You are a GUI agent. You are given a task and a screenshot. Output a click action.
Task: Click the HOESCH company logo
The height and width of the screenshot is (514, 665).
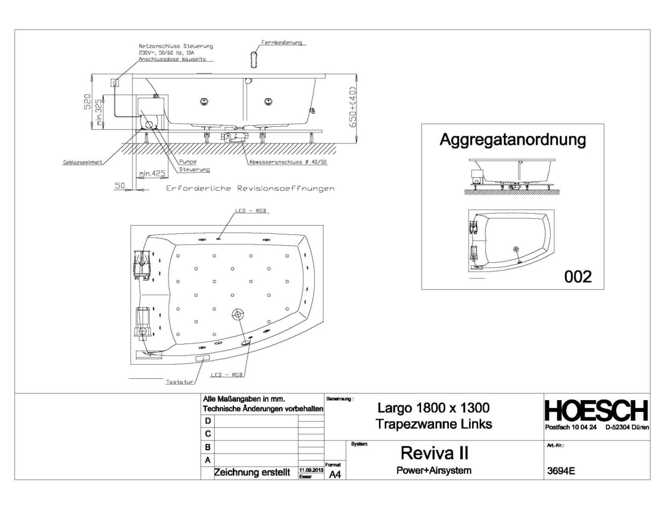coord(596,411)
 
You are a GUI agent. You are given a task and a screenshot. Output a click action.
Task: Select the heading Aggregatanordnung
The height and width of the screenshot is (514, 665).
coord(512,139)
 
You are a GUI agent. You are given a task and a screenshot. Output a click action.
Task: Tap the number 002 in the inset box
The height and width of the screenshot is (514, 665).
coord(578,276)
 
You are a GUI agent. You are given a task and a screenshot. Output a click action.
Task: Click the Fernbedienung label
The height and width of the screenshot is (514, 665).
coord(282,43)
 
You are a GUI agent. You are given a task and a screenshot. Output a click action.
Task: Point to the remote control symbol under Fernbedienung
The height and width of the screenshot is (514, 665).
coord(254,59)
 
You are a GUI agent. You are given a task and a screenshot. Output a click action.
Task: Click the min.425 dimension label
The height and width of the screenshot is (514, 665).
coord(153,174)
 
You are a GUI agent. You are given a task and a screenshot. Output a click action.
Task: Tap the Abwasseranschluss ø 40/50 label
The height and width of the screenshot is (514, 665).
coord(288,162)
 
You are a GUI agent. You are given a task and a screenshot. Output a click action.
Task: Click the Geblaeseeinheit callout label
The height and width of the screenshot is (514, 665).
coord(83,162)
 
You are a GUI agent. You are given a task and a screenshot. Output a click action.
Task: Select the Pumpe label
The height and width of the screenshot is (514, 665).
coord(188,162)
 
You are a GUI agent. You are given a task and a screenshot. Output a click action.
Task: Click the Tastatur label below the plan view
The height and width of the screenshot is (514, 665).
coord(179,382)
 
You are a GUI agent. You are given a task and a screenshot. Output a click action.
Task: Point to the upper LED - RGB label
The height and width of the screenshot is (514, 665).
coord(250,211)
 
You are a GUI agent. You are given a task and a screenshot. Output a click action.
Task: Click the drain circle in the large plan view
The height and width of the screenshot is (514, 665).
coord(237,314)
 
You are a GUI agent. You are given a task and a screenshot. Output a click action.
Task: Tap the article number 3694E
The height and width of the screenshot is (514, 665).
coord(561,471)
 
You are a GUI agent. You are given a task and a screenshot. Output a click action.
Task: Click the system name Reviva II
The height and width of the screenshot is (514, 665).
coord(434,453)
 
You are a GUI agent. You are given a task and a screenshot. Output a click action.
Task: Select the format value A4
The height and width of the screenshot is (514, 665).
coord(335,475)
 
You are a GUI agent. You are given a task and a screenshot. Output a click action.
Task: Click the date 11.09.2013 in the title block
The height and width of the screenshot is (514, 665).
coord(311,470)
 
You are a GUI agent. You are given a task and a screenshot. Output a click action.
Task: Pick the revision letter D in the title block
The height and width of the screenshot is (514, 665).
coord(208,421)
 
